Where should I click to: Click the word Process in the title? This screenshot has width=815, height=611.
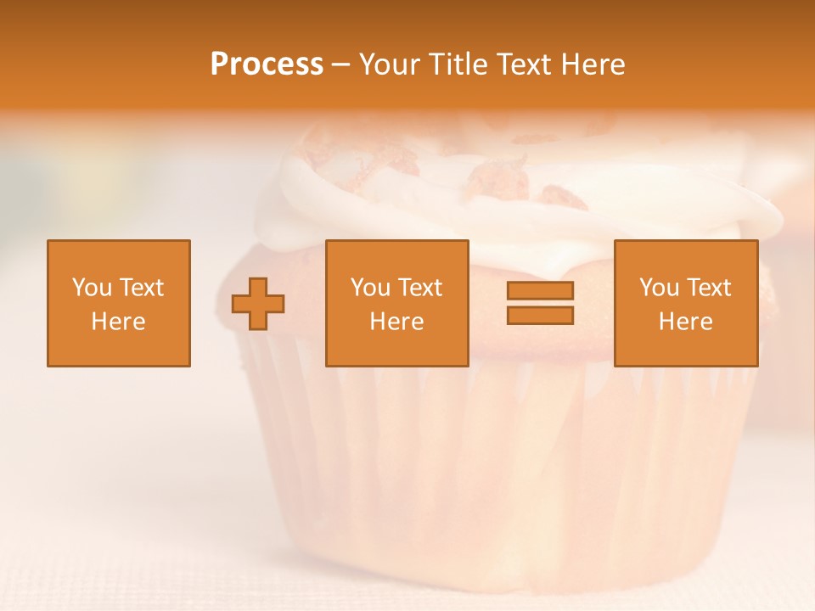point(267,64)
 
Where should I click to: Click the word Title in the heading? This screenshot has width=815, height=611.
point(459,64)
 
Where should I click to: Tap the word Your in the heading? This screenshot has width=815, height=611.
point(391,64)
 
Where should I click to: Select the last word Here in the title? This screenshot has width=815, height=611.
point(593,64)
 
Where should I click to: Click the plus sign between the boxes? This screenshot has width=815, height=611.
point(258,303)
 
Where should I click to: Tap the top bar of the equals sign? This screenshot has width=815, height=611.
point(540,290)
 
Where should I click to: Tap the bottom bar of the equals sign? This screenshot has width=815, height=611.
point(540,315)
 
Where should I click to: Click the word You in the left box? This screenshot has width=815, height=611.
point(92,288)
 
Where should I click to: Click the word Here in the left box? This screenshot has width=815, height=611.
point(119,322)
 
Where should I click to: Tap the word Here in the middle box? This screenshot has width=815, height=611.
point(396,322)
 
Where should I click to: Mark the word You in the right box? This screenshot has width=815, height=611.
point(659,288)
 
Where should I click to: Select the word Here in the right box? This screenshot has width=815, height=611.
point(686,322)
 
